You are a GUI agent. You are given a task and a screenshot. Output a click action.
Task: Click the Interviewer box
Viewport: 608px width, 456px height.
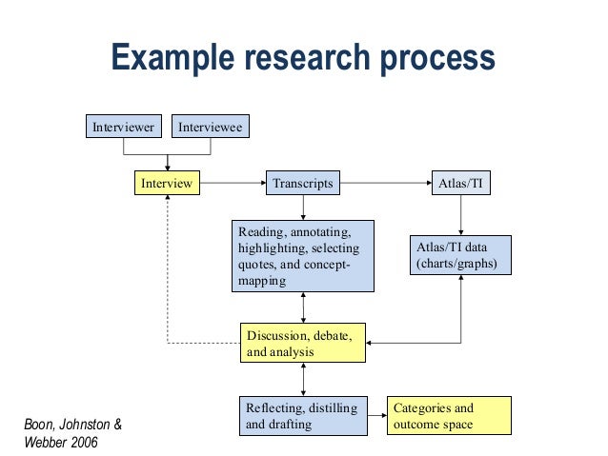[x=123, y=127]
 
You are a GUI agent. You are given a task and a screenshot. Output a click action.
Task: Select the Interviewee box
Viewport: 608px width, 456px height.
[x=210, y=127]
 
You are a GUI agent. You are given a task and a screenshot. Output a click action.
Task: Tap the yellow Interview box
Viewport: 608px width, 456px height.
[x=167, y=183]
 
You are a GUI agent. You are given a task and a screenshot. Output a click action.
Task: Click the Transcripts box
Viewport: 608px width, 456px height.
[x=303, y=183]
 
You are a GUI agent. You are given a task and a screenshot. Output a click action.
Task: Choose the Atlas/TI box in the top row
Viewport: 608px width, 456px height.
[x=461, y=183]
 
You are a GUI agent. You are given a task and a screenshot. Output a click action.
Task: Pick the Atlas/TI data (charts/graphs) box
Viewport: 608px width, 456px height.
[x=461, y=255]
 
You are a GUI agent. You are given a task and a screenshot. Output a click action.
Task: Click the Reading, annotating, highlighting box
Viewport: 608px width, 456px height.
[x=303, y=256]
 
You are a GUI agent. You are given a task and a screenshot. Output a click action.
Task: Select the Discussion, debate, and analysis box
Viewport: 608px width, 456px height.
[x=303, y=344]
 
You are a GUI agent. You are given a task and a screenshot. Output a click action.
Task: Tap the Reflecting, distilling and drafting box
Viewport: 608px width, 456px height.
[x=303, y=416]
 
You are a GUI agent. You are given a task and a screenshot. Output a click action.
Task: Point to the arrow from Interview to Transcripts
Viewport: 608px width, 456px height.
[x=233, y=183]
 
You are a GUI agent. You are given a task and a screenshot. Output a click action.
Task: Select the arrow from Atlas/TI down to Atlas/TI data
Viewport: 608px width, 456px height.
[x=461, y=215]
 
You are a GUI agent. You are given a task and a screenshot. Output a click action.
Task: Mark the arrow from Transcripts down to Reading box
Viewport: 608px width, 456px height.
[x=303, y=208]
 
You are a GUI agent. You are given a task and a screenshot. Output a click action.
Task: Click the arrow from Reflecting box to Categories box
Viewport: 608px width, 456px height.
[x=377, y=416]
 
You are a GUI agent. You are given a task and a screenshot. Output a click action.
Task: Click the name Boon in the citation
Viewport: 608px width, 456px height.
[x=40, y=423]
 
